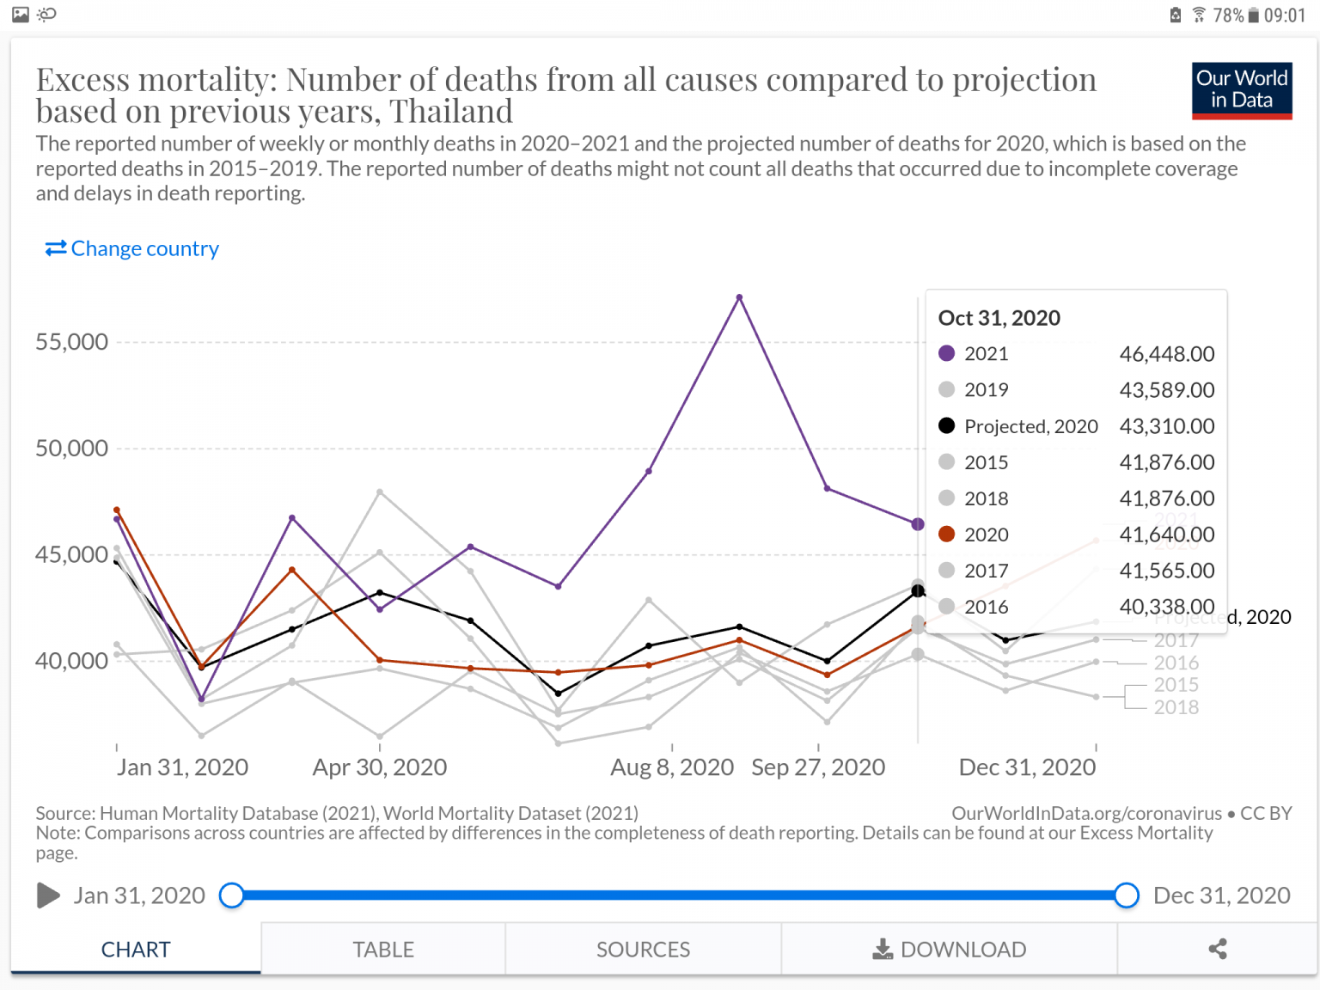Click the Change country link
(x=132, y=248)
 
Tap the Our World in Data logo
(x=1242, y=90)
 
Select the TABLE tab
(x=383, y=950)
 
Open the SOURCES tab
(x=643, y=950)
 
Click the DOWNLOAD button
(x=950, y=950)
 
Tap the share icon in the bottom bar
(x=1217, y=950)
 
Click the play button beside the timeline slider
(x=48, y=895)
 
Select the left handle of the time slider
(x=231, y=895)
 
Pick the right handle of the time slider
(x=1127, y=895)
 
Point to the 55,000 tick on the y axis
(x=71, y=342)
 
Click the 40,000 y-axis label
(x=71, y=661)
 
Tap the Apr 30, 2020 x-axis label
(x=380, y=767)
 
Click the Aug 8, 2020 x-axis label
(x=672, y=767)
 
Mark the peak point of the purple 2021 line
(x=739, y=297)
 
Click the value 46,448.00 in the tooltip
(x=1166, y=354)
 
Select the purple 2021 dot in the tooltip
(x=947, y=353)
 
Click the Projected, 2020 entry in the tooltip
(x=1030, y=426)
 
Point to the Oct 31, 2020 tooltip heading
(x=999, y=318)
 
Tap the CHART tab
(x=136, y=950)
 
